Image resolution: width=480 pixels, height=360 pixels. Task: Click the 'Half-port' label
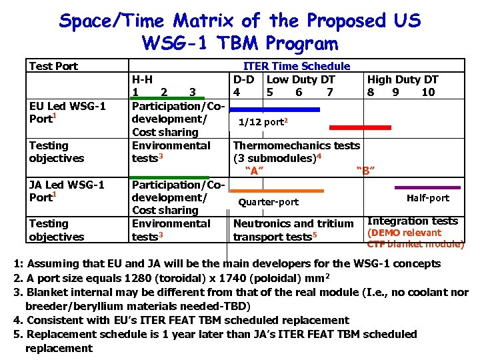click(427, 198)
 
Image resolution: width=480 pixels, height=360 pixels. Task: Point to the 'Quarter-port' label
click(269, 202)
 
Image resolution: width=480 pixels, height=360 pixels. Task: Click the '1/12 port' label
click(263, 122)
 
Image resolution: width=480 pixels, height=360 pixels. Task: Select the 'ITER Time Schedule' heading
click(297, 66)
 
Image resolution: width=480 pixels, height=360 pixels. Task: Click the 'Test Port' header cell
click(53, 66)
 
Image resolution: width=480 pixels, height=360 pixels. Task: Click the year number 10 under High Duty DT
click(428, 92)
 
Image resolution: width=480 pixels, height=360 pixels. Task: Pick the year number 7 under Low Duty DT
click(329, 92)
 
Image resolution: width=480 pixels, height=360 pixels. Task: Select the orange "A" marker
click(255, 171)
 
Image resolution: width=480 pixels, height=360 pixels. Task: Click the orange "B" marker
click(365, 171)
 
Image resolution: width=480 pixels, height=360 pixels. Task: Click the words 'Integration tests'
click(413, 221)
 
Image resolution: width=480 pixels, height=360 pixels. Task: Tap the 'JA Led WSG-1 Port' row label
click(67, 191)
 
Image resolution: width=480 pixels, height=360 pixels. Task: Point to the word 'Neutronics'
click(263, 224)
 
